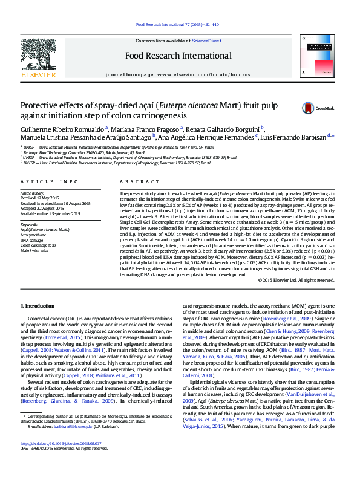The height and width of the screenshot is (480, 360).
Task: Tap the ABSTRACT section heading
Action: click(131, 181)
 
